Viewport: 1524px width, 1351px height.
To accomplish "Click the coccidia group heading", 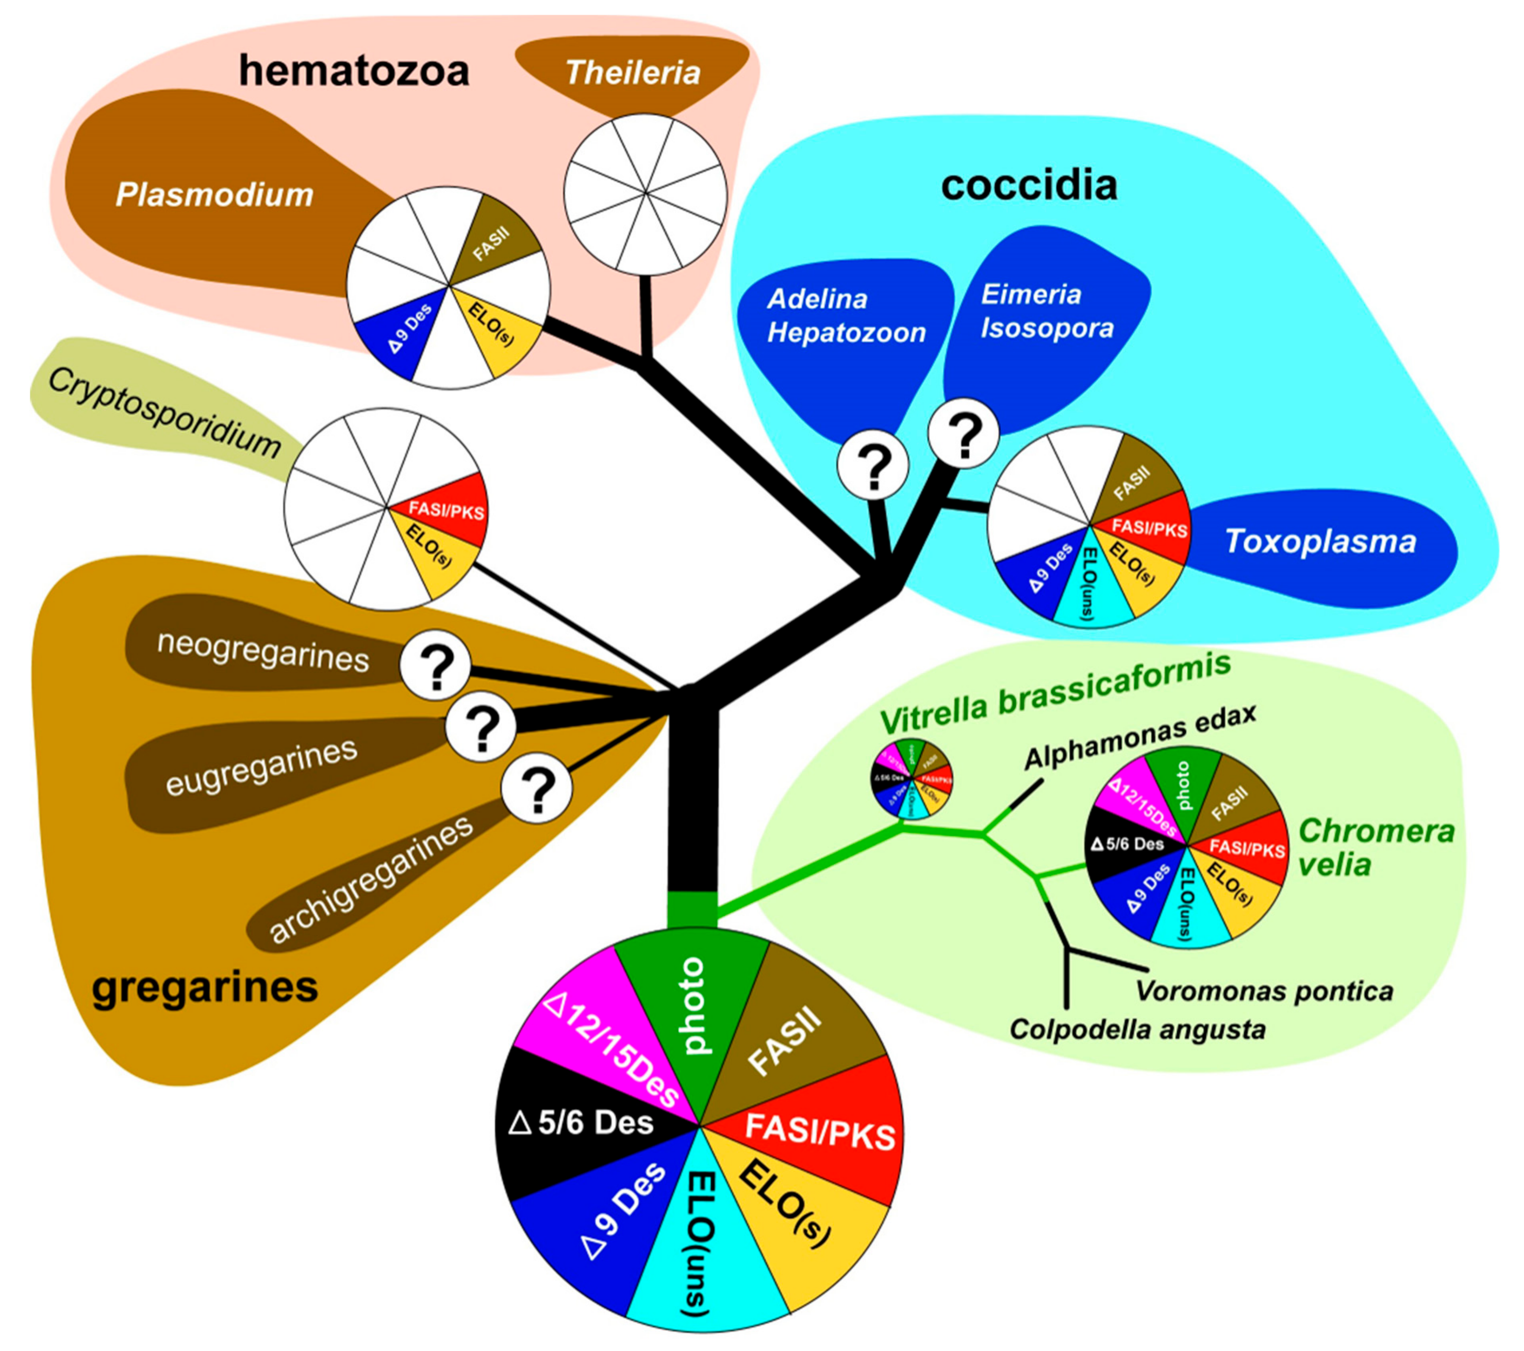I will (x=1029, y=185).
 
